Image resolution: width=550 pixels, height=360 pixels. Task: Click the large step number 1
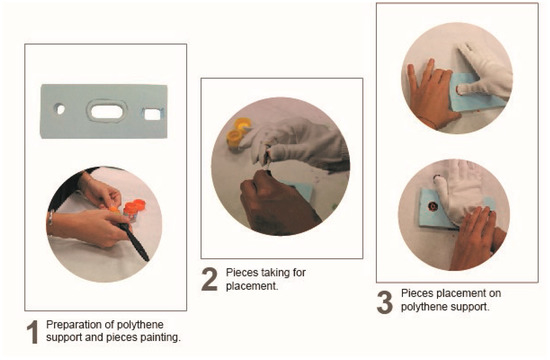[x=33, y=332]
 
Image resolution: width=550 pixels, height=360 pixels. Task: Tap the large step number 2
[x=209, y=279]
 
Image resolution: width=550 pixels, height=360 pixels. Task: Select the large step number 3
[x=385, y=302]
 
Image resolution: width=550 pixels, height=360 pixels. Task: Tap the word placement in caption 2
[x=252, y=286]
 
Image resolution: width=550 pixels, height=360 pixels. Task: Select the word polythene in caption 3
[x=423, y=307]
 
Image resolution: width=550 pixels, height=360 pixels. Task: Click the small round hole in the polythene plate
[x=60, y=109]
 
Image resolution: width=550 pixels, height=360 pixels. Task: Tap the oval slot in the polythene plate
[x=107, y=112]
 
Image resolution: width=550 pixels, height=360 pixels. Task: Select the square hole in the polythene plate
[x=154, y=114]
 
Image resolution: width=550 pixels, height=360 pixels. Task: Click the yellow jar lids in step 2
[x=238, y=134]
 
